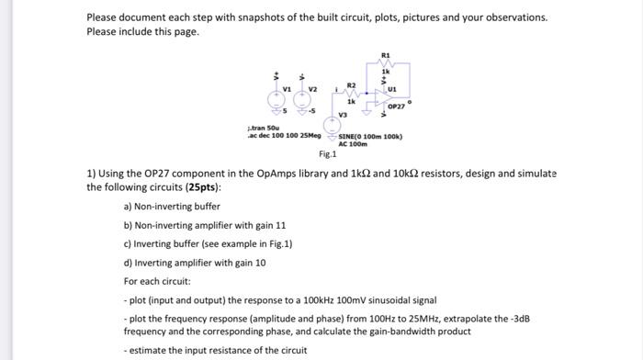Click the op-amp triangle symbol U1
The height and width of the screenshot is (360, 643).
378,96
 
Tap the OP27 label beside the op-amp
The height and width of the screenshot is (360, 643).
398,107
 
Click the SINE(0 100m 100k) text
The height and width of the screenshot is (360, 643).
371,138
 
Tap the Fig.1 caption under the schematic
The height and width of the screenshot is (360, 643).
328,155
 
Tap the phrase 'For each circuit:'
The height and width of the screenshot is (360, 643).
156,280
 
